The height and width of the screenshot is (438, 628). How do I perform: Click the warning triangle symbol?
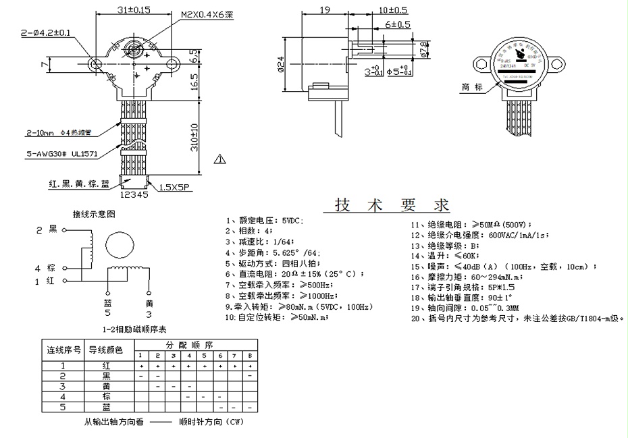[219, 160]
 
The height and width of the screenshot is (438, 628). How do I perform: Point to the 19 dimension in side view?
[323, 10]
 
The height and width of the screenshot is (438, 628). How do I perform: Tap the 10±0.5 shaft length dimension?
[393, 10]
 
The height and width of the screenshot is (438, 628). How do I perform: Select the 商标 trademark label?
[472, 88]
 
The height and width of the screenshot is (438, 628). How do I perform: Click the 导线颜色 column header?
[105, 350]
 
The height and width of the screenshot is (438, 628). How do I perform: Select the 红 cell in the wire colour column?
[105, 365]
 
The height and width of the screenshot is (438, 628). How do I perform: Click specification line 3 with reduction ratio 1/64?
[264, 241]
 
